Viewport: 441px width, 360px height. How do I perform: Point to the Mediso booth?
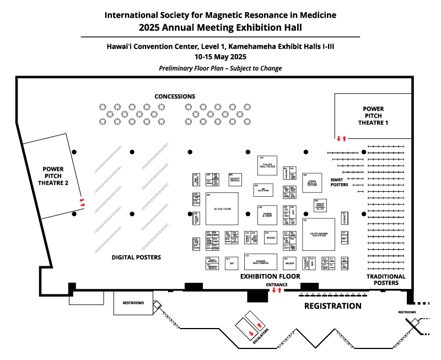(x=270, y=238)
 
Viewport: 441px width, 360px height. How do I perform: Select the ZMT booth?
(x=231, y=263)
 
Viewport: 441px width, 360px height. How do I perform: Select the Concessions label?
(x=175, y=96)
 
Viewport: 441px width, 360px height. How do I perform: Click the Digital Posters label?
(x=136, y=257)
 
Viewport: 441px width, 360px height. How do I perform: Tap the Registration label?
(x=333, y=305)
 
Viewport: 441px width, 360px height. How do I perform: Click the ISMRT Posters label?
(x=339, y=182)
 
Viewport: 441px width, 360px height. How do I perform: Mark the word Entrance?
(x=277, y=284)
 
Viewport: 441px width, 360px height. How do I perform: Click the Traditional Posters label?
(x=386, y=280)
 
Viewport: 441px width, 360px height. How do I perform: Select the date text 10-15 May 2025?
(x=220, y=56)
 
